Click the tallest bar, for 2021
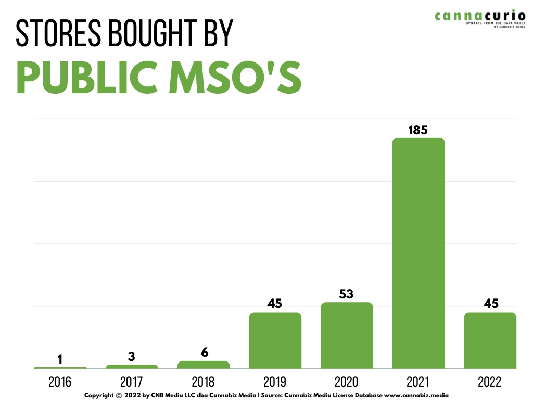pos(418,253)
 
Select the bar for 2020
pos(347,335)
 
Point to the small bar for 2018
pos(204,365)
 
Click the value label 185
pos(418,130)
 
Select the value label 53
pos(347,294)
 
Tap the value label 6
pos(205,353)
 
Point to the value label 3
pos(132,357)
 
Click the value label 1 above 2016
pos(60,359)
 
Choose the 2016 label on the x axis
pos(60,382)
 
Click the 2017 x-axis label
pos(132,382)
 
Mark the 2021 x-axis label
pos(418,382)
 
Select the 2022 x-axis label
pos(490,382)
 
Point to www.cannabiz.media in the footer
pos(416,396)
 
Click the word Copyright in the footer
pos(99,396)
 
